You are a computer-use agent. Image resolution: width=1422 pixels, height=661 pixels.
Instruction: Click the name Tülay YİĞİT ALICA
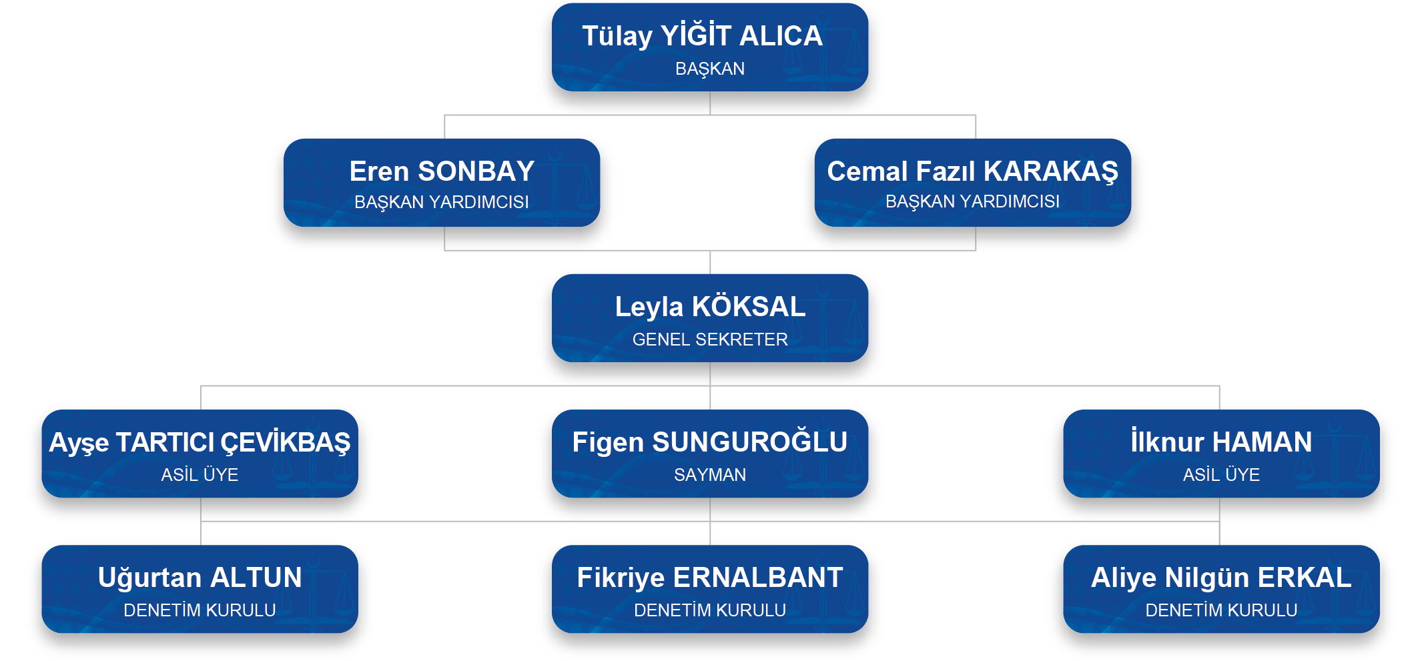tap(702, 36)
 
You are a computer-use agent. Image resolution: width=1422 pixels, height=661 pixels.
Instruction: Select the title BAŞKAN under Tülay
tap(710, 69)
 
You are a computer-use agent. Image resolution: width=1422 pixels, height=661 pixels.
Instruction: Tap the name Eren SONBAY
tap(442, 171)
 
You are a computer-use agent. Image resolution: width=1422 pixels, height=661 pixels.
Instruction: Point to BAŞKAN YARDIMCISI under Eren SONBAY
tap(442, 202)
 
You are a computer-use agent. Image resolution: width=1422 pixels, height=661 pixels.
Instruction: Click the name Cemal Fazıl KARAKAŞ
tap(972, 171)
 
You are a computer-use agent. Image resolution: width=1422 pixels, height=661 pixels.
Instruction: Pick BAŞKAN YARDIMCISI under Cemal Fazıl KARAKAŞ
tap(972, 201)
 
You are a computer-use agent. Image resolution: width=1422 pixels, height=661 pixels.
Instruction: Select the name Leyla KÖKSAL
tap(710, 307)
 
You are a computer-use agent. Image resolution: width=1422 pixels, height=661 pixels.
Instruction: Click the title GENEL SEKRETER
tap(710, 340)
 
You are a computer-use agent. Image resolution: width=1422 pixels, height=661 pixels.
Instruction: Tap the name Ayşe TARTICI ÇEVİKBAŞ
tap(200, 442)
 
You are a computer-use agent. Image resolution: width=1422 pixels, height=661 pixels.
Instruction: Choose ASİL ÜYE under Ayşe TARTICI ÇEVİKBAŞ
tap(200, 475)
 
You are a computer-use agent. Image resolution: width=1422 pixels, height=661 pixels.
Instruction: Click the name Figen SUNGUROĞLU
tap(710, 442)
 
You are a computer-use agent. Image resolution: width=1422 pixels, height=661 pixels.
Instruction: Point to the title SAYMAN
tap(710, 475)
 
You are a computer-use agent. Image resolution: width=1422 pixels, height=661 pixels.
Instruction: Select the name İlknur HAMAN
tap(1221, 442)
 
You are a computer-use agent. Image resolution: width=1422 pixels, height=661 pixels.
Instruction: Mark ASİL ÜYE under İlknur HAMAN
tap(1221, 475)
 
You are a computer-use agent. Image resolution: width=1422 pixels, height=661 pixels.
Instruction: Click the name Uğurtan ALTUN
tap(200, 578)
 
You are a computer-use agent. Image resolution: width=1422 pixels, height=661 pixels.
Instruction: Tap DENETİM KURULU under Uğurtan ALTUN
tap(200, 610)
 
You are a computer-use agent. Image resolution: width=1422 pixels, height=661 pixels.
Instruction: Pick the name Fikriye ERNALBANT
tap(710, 578)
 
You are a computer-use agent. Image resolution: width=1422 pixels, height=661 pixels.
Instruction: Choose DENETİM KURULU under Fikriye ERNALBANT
tap(710, 610)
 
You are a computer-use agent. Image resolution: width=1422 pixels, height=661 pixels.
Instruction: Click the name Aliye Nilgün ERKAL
tap(1221, 578)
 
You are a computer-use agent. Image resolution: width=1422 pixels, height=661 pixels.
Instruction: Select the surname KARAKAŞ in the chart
tap(1051, 171)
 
